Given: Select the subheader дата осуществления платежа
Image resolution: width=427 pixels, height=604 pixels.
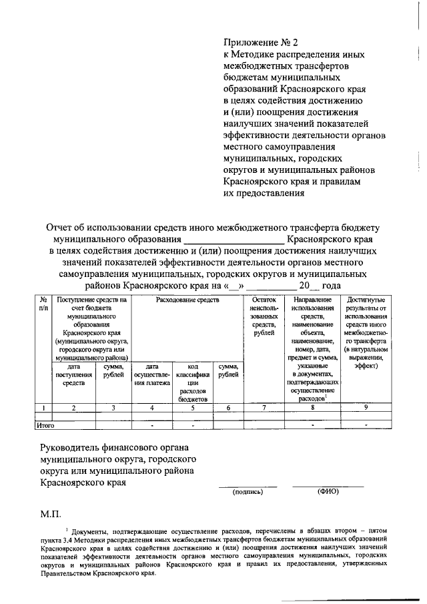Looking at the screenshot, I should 153,374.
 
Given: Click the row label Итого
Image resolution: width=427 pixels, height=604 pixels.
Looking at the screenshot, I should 45,424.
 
